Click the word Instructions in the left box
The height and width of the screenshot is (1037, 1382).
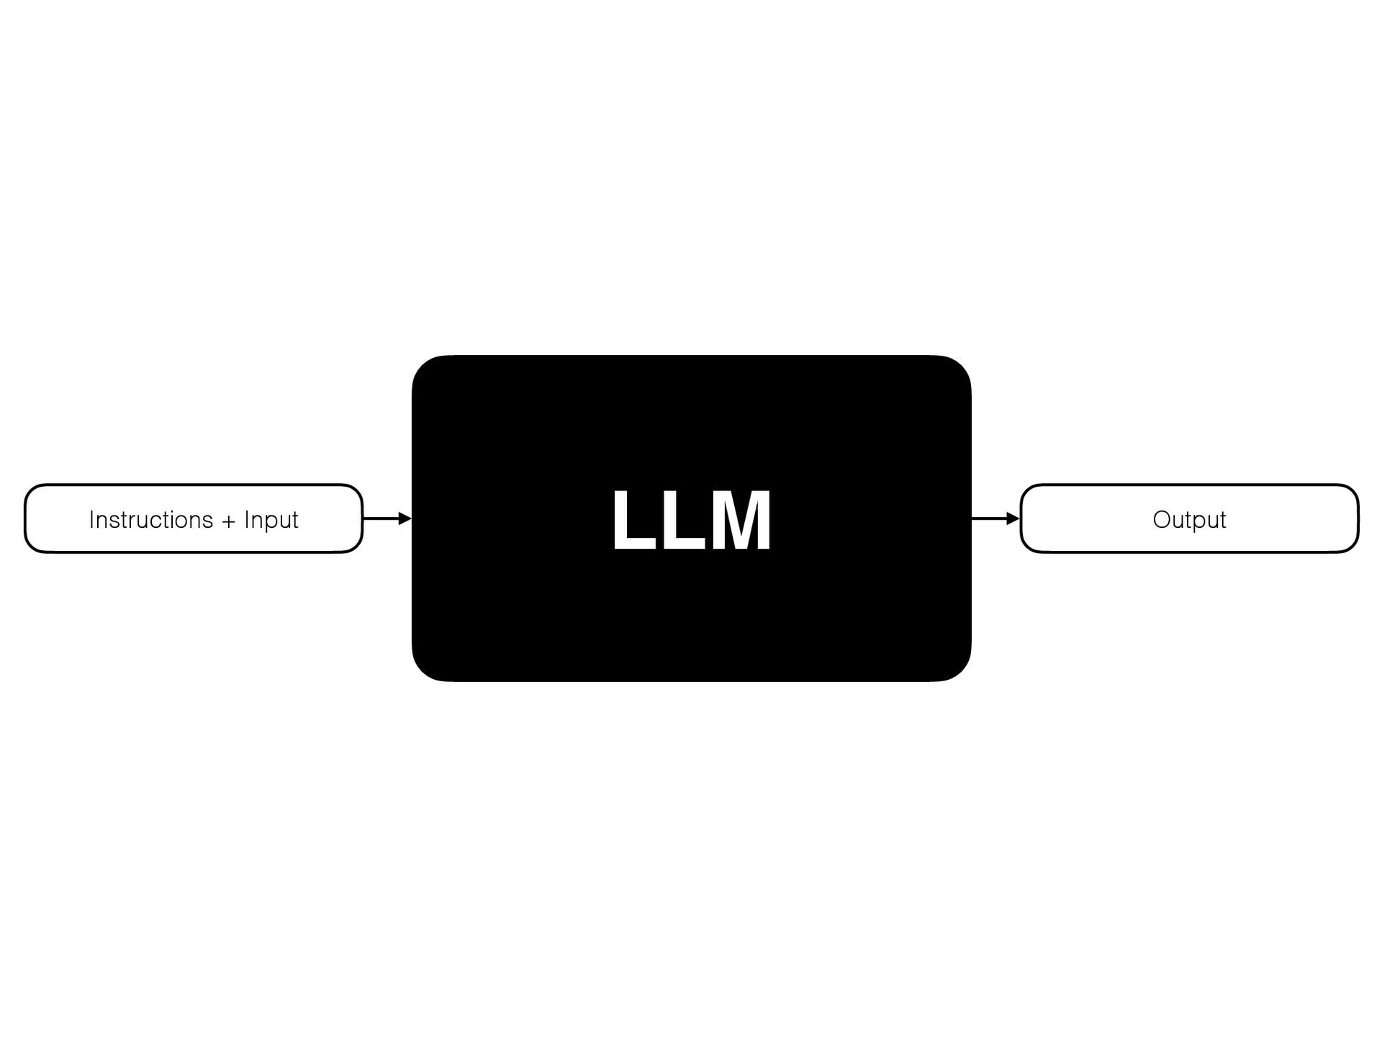point(151,519)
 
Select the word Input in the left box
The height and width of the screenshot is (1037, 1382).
point(271,520)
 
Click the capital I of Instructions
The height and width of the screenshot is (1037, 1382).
point(91,519)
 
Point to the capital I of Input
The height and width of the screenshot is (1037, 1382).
point(246,519)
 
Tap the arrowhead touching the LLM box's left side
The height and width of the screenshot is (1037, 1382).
point(405,518)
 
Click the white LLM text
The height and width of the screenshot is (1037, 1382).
point(691,520)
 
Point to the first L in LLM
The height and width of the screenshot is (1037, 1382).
point(631,520)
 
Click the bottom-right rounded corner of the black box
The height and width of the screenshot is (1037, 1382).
point(959,668)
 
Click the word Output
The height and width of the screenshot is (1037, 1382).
point(1189,520)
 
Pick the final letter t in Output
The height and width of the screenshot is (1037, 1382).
point(1222,520)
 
